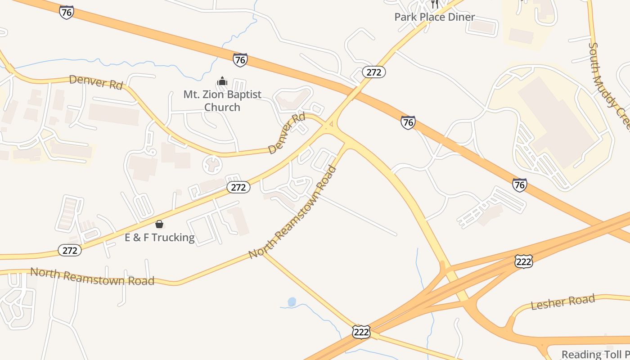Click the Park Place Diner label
click(434, 17)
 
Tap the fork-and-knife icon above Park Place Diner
click(434, 4)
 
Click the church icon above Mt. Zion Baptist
click(222, 81)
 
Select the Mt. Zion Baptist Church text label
click(222, 101)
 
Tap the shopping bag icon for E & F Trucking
click(159, 224)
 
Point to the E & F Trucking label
click(160, 237)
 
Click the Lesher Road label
click(563, 301)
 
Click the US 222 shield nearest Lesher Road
click(524, 261)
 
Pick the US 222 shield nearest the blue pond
click(361, 332)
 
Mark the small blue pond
click(292, 301)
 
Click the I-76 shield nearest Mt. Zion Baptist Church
click(240, 59)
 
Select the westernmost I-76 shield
click(66, 12)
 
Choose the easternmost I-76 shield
click(520, 184)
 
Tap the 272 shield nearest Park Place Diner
click(373, 72)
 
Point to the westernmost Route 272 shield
click(70, 250)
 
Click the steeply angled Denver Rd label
click(287, 134)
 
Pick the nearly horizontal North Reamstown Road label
click(92, 276)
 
